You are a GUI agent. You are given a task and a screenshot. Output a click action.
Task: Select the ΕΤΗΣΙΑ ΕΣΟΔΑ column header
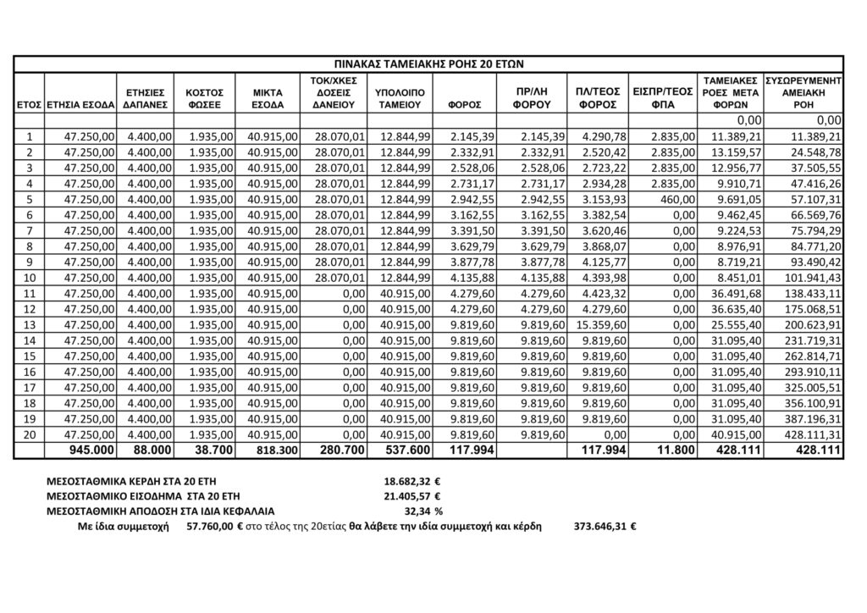(81, 104)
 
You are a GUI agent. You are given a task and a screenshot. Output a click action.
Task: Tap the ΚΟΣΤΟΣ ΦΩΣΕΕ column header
(204, 97)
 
